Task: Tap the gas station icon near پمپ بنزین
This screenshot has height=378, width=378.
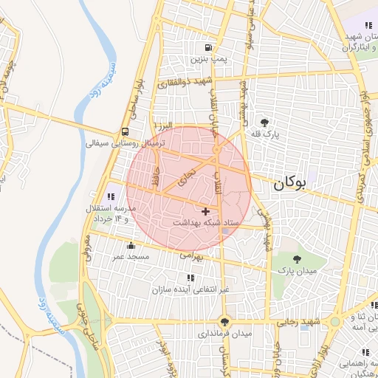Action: (x=218, y=47)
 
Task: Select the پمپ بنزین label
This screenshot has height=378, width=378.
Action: (x=207, y=58)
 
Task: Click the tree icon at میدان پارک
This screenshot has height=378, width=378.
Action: (x=297, y=258)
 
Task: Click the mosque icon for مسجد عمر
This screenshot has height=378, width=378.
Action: (x=131, y=245)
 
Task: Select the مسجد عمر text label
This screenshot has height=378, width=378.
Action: (x=131, y=256)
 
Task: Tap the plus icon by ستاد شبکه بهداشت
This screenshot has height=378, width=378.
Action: (x=205, y=211)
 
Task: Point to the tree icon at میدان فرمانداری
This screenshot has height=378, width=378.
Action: (x=224, y=321)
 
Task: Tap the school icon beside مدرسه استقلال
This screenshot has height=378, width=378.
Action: (x=111, y=196)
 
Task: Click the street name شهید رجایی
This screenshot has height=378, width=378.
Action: (x=298, y=322)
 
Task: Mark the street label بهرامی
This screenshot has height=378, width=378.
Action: (x=190, y=255)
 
